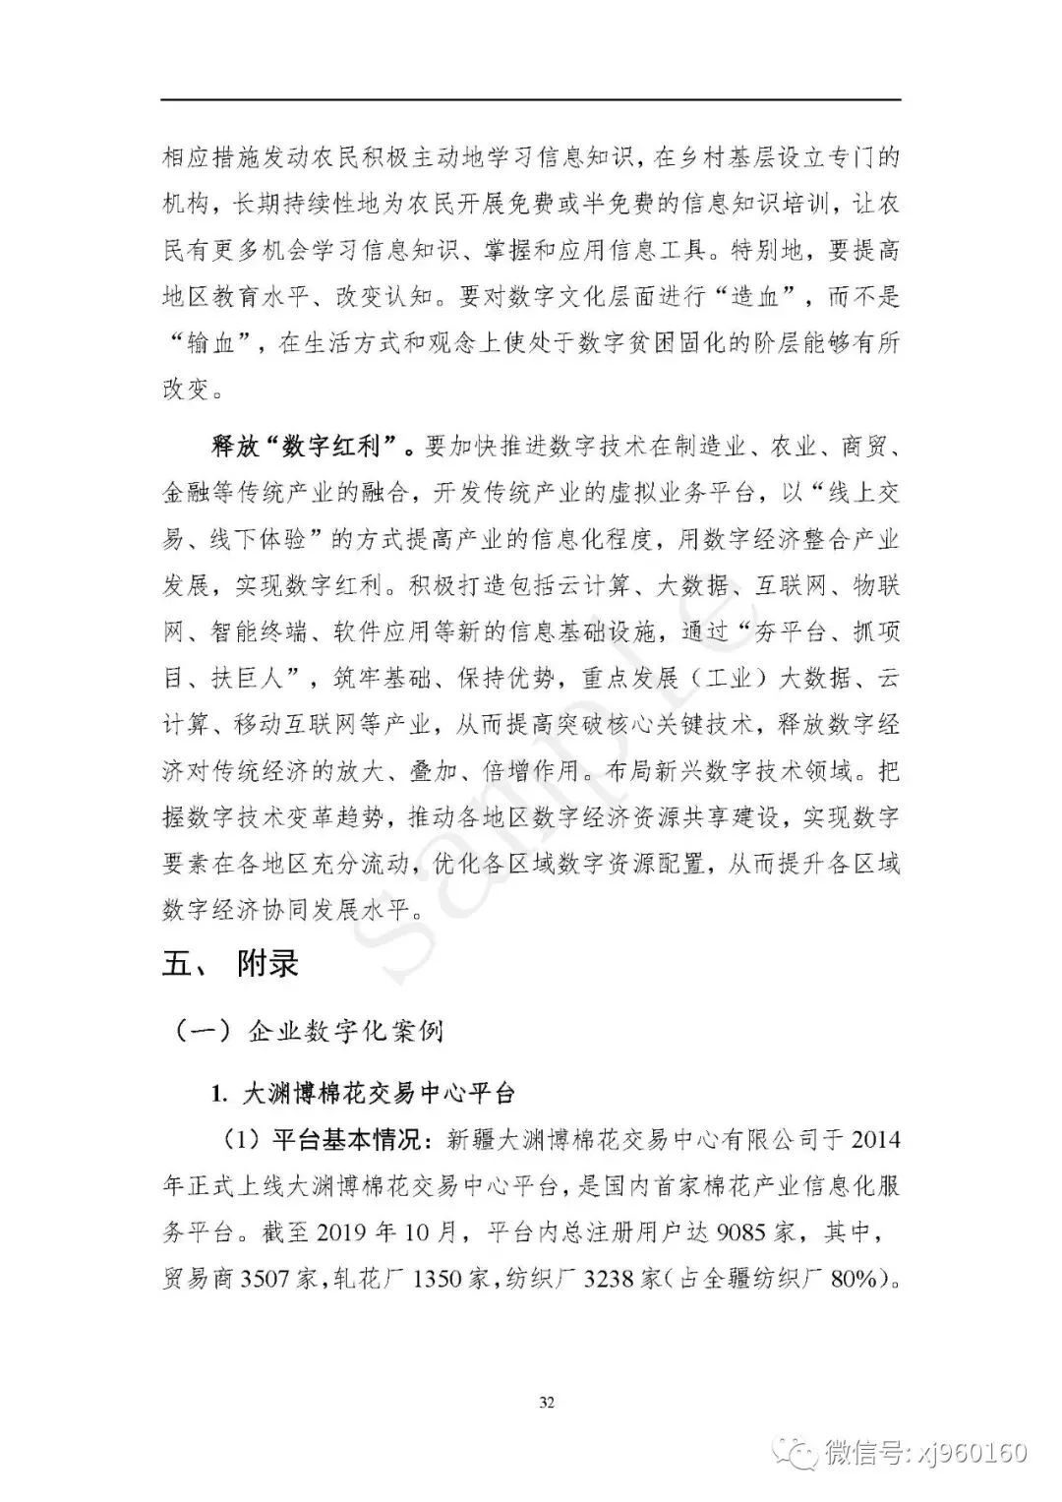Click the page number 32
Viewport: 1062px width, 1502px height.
tap(547, 1402)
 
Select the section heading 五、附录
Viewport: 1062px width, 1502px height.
tap(230, 963)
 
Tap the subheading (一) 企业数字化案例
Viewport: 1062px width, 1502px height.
tap(308, 1031)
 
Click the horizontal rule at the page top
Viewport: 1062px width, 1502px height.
tap(531, 99)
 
